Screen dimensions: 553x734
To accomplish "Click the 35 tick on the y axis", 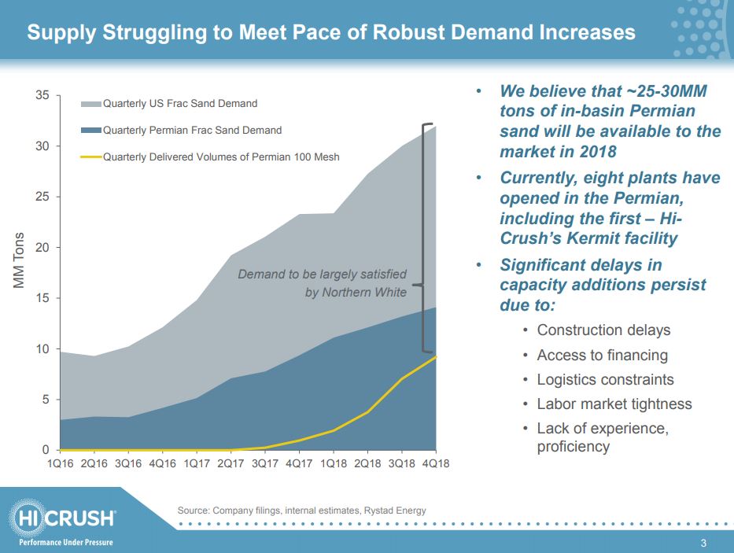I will [42, 96].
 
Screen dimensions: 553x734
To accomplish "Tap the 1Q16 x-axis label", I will [60, 463].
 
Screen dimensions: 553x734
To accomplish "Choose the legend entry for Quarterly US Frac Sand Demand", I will [180, 103].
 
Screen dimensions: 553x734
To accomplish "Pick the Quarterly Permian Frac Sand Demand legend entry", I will [192, 130].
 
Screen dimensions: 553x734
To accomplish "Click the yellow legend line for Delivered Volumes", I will [91, 157].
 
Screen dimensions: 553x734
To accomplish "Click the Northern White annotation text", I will [356, 293].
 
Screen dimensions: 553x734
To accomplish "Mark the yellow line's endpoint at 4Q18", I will [435, 356].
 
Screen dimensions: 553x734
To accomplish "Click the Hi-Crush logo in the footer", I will [65, 519].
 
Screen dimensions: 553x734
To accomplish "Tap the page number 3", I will [704, 543].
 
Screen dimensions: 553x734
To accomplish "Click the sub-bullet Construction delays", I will [603, 330].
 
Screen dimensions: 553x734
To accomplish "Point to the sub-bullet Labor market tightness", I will [614, 404].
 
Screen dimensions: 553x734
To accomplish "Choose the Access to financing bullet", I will [602, 355].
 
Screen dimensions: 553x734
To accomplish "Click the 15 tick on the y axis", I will [42, 298].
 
